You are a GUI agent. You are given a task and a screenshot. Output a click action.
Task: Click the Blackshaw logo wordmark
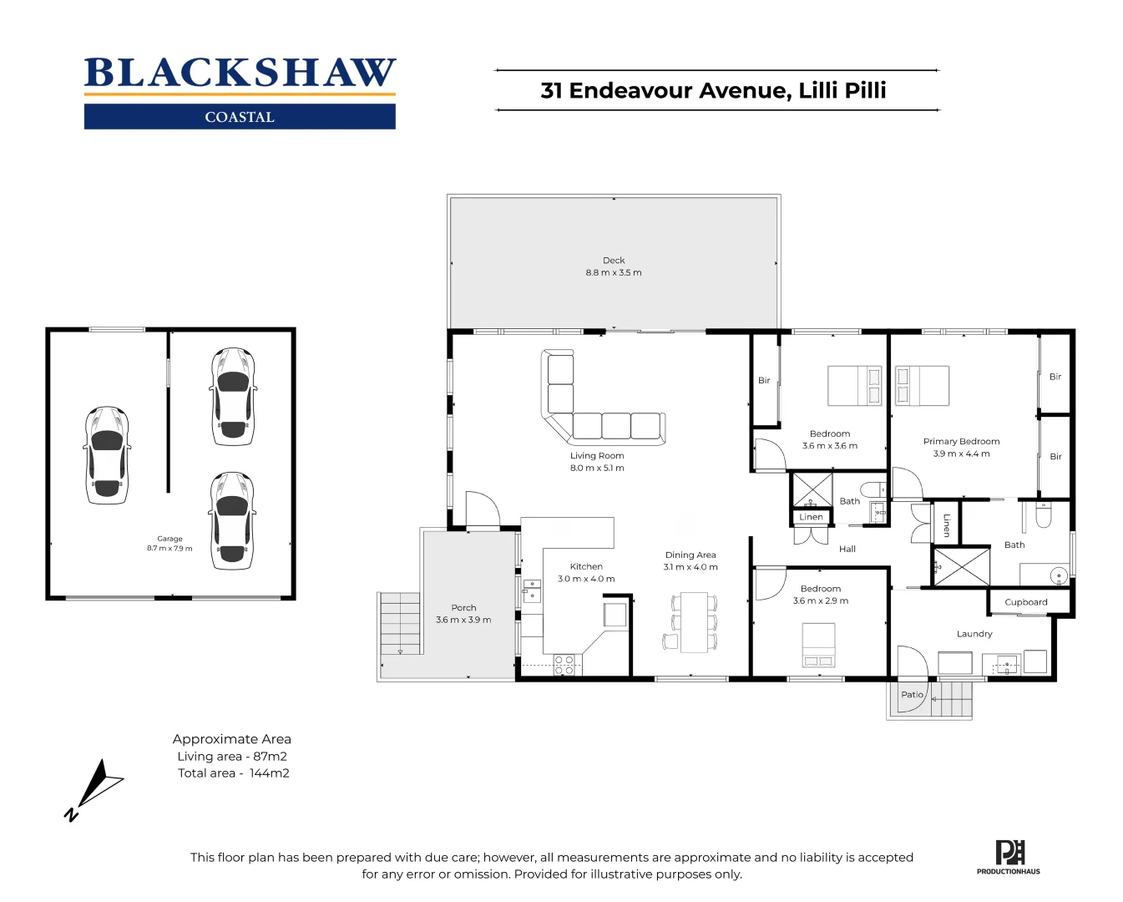(x=240, y=73)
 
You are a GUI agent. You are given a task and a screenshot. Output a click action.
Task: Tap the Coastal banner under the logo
(x=240, y=117)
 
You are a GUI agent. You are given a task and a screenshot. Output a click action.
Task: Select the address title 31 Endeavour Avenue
(x=713, y=90)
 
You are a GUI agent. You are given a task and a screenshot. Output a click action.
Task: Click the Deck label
(x=614, y=261)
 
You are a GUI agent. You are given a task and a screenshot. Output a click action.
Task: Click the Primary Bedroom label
(x=961, y=442)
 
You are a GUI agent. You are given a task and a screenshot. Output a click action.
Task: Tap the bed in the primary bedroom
(x=922, y=386)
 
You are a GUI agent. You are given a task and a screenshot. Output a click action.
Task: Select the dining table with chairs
(x=693, y=622)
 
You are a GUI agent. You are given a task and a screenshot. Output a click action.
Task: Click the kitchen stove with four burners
(x=564, y=665)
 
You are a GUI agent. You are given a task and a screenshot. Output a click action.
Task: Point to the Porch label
(x=463, y=608)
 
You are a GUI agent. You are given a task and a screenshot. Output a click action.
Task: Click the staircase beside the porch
(x=400, y=625)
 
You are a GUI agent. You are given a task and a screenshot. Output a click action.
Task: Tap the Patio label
(x=912, y=695)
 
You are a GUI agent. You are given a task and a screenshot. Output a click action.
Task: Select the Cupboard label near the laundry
(x=1025, y=602)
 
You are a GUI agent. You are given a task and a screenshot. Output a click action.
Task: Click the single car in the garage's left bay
(x=107, y=455)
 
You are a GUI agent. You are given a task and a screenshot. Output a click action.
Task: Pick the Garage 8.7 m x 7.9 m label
(x=169, y=544)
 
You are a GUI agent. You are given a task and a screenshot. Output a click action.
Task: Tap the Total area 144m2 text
(x=233, y=773)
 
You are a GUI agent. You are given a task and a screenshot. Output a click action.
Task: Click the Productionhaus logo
(x=1009, y=857)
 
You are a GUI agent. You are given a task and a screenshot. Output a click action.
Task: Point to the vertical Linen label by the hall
(x=946, y=524)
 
